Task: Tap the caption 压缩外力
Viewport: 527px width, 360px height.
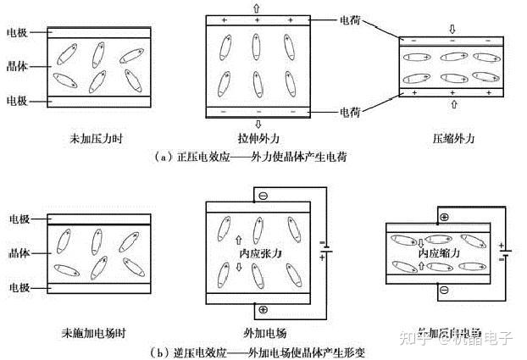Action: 450,139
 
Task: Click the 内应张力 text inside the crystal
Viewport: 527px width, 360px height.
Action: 260,253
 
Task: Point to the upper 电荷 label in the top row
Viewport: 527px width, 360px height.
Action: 351,18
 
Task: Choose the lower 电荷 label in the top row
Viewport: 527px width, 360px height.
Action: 351,111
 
